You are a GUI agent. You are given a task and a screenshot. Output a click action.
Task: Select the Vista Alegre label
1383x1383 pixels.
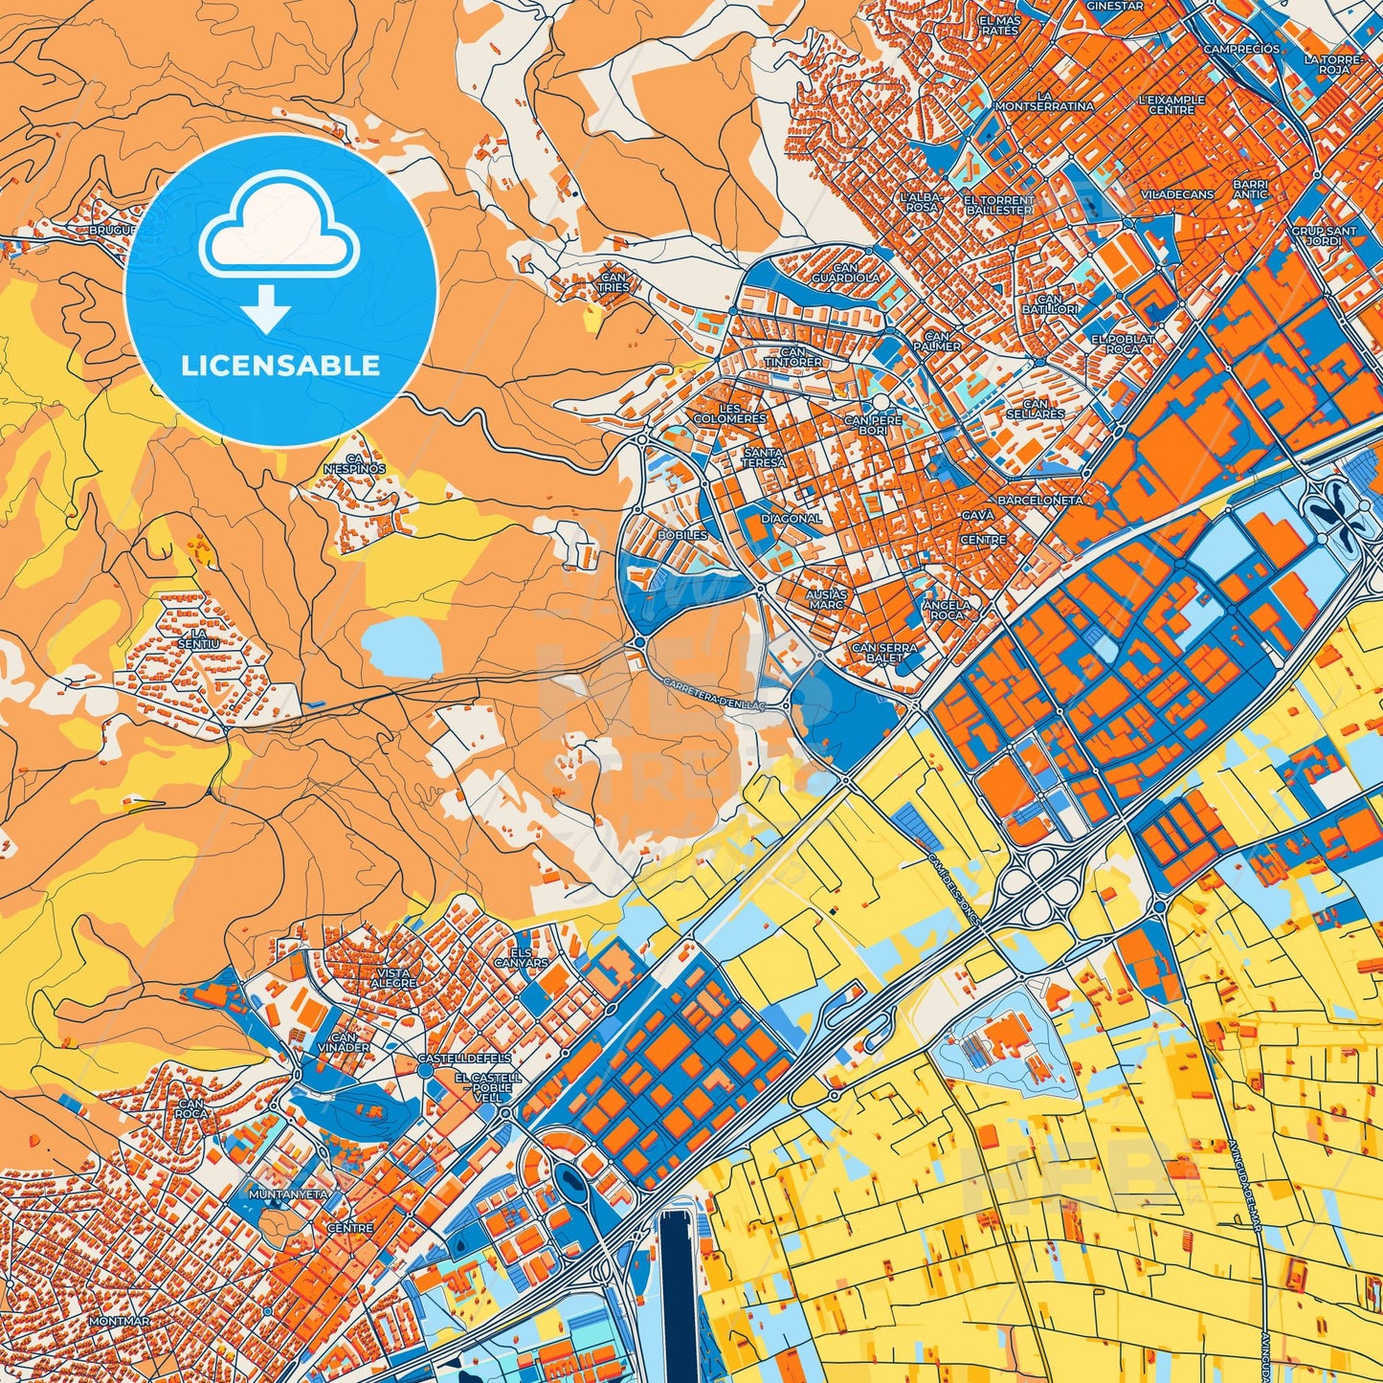point(393,978)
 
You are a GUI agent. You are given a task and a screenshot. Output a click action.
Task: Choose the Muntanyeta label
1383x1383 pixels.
point(288,1194)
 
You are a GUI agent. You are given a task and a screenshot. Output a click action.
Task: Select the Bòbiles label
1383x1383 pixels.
point(682,535)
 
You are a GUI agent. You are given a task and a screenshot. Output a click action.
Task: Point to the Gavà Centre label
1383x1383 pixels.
point(983,527)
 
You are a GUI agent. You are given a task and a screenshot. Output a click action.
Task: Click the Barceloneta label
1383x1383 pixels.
point(1039,501)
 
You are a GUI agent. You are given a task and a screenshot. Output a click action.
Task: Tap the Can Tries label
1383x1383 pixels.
point(613,281)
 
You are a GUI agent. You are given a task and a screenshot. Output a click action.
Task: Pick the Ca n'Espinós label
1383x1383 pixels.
point(354,463)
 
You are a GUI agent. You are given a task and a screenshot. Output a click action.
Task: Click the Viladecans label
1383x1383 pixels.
point(1177,194)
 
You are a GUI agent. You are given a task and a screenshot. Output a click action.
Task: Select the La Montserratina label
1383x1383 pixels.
point(1044,101)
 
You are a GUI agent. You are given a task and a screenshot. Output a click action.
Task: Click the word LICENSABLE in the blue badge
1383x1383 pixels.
point(280,366)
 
